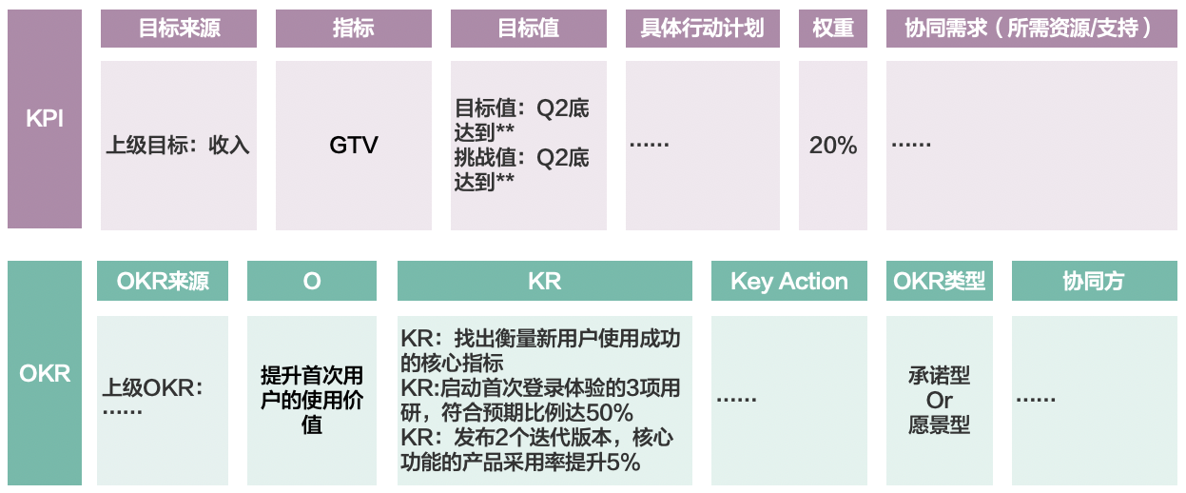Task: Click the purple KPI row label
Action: pyautogui.click(x=45, y=119)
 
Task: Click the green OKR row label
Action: pyautogui.click(x=45, y=373)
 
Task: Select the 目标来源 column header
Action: pyautogui.click(x=179, y=29)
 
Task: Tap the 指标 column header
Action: pyautogui.click(x=354, y=29)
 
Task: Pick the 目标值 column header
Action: pyautogui.click(x=529, y=29)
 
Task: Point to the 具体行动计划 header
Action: pyautogui.click(x=703, y=29)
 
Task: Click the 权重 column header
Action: pyautogui.click(x=833, y=29)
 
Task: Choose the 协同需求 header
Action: pyautogui.click(x=1031, y=29)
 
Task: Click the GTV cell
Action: pyautogui.click(x=354, y=146)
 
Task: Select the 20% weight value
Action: pyautogui.click(x=833, y=146)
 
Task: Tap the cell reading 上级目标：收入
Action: pyautogui.click(x=178, y=146)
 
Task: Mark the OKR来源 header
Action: pyautogui.click(x=163, y=282)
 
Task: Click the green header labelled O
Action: pyautogui.click(x=312, y=282)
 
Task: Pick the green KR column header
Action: pyautogui.click(x=545, y=282)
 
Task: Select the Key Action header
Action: pyautogui.click(x=789, y=282)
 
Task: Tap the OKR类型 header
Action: pyautogui.click(x=940, y=282)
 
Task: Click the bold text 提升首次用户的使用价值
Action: pyautogui.click(x=312, y=400)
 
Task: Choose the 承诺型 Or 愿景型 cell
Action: pyautogui.click(x=940, y=400)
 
